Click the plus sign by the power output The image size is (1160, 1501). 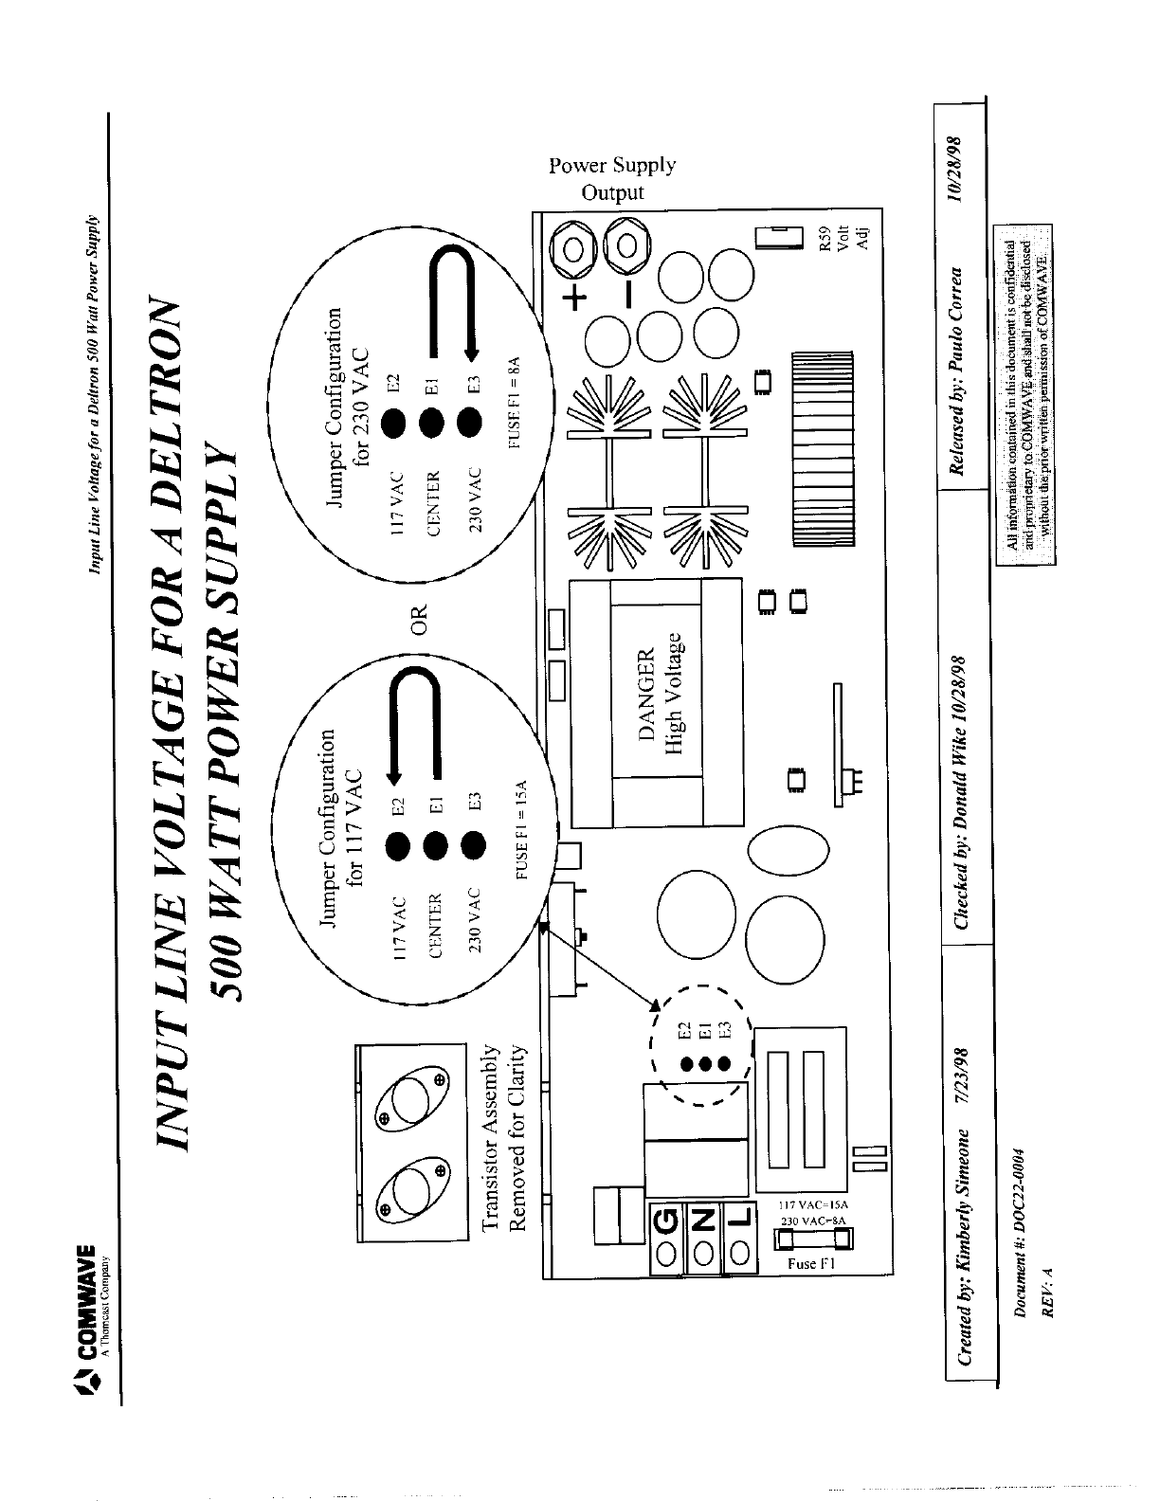pyautogui.click(x=575, y=299)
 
